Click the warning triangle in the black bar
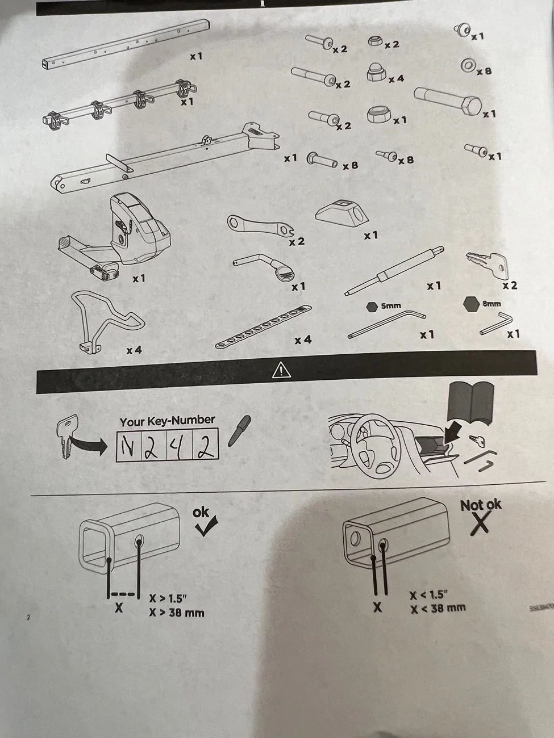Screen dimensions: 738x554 click(x=281, y=371)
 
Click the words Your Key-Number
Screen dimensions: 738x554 click(x=167, y=421)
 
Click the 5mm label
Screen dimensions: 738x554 click(x=390, y=305)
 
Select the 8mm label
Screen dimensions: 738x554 click(x=491, y=304)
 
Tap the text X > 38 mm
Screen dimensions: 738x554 click(x=177, y=613)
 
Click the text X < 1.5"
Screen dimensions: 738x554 click(x=429, y=595)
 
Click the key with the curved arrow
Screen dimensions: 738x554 click(x=68, y=434)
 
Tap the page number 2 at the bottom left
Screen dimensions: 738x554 click(x=28, y=617)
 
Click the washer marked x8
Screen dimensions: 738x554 click(x=468, y=66)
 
